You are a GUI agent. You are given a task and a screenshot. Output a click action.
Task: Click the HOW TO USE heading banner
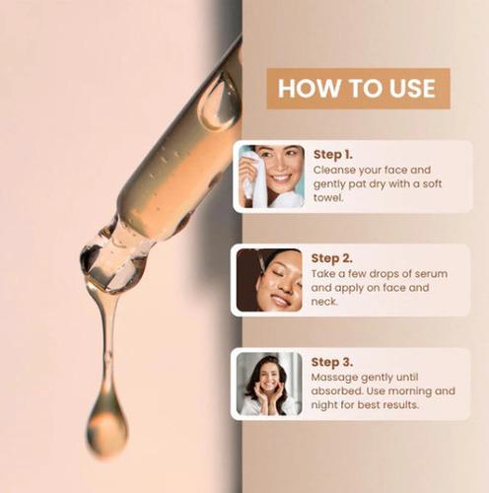356,88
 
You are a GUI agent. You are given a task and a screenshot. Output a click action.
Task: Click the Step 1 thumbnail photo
270,177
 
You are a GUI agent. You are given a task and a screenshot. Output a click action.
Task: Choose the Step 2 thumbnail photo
270,281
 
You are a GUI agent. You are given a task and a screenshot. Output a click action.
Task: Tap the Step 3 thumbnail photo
270,384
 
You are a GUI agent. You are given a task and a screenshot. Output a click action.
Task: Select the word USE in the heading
404,88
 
